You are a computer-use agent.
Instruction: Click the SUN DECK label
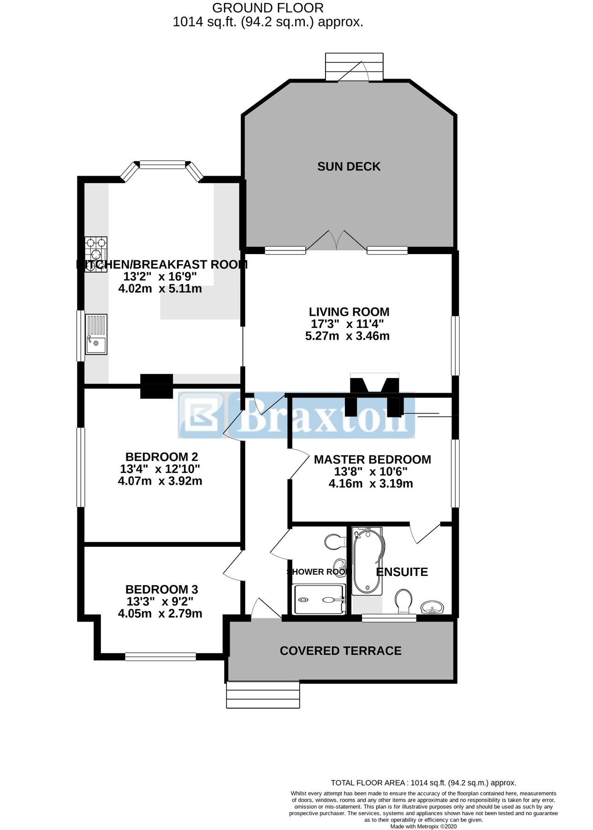coord(349,166)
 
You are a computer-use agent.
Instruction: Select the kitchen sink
coord(96,334)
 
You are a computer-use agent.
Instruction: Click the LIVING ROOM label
coord(349,312)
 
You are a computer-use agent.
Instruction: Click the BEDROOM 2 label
coord(161,456)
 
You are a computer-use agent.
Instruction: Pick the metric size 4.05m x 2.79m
coord(160,614)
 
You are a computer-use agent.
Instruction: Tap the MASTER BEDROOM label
coord(372,459)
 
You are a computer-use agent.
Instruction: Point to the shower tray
coord(319,599)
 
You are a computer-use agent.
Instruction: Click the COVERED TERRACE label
coord(340,651)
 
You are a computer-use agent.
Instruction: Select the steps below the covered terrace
coord(263,695)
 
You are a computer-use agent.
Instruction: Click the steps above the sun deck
coord(354,67)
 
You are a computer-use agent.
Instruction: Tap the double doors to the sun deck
coord(337,241)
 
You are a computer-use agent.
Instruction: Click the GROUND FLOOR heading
coord(267,8)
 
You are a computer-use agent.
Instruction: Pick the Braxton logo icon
coord(201,415)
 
